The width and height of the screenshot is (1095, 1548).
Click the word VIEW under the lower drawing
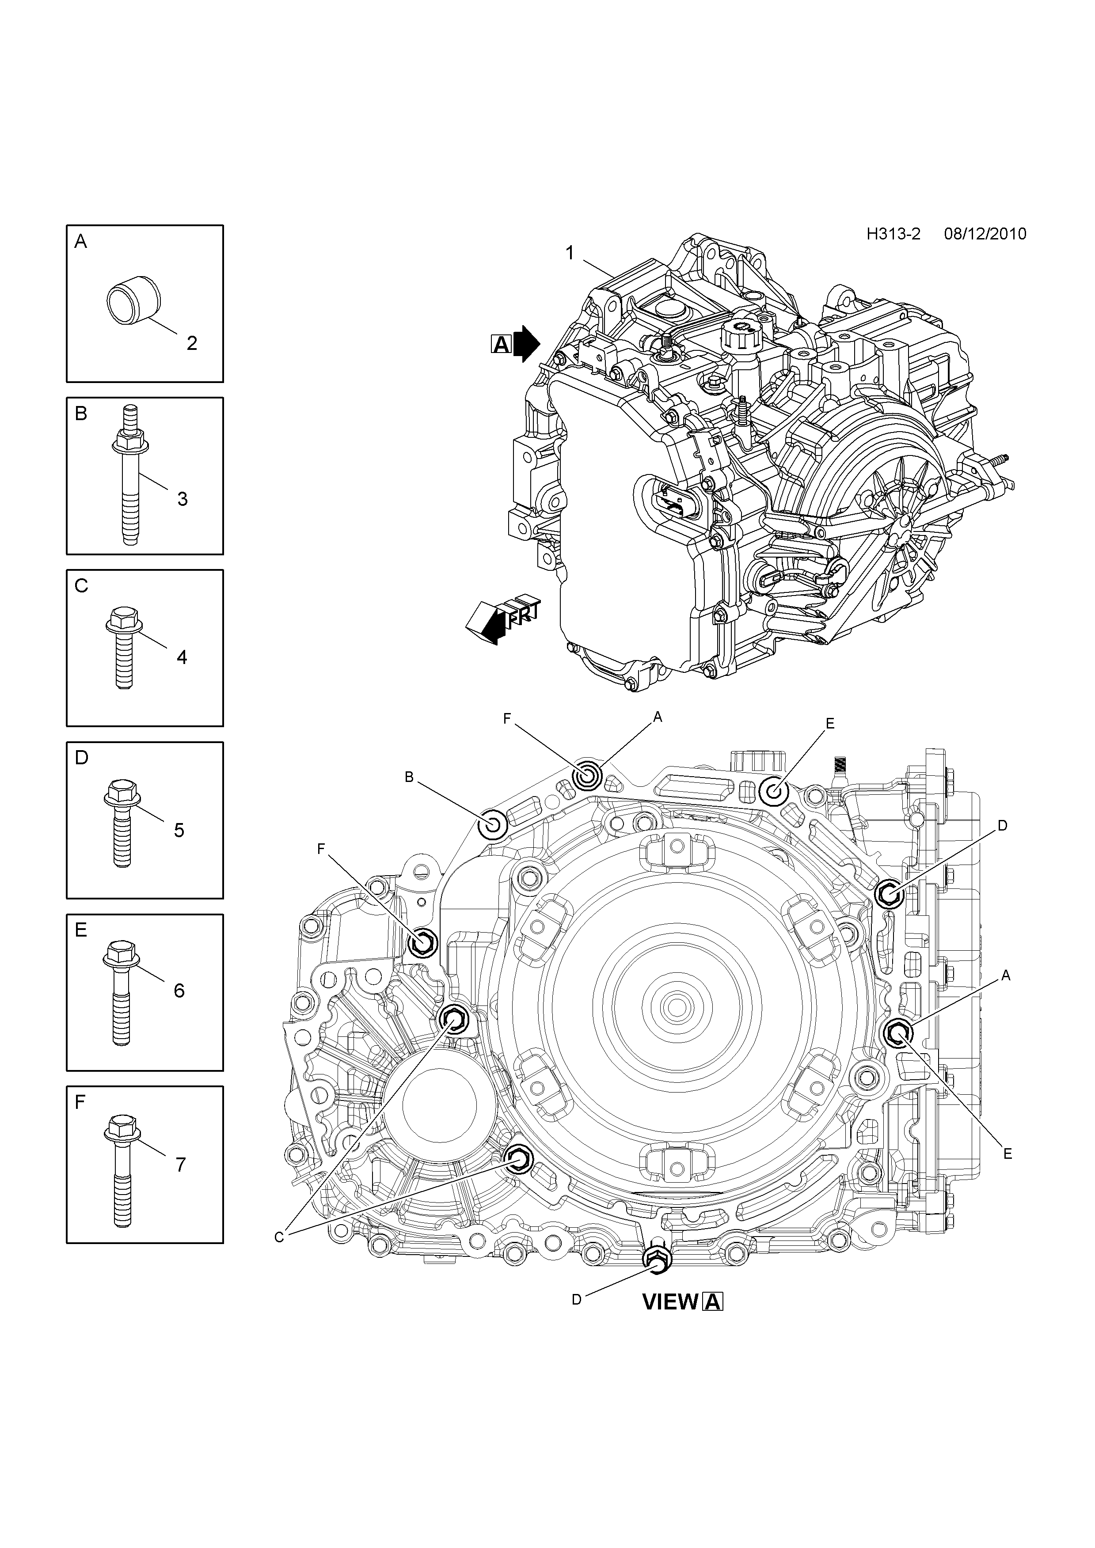pos(671,1302)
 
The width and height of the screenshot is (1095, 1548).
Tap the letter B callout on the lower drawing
pos(409,778)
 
